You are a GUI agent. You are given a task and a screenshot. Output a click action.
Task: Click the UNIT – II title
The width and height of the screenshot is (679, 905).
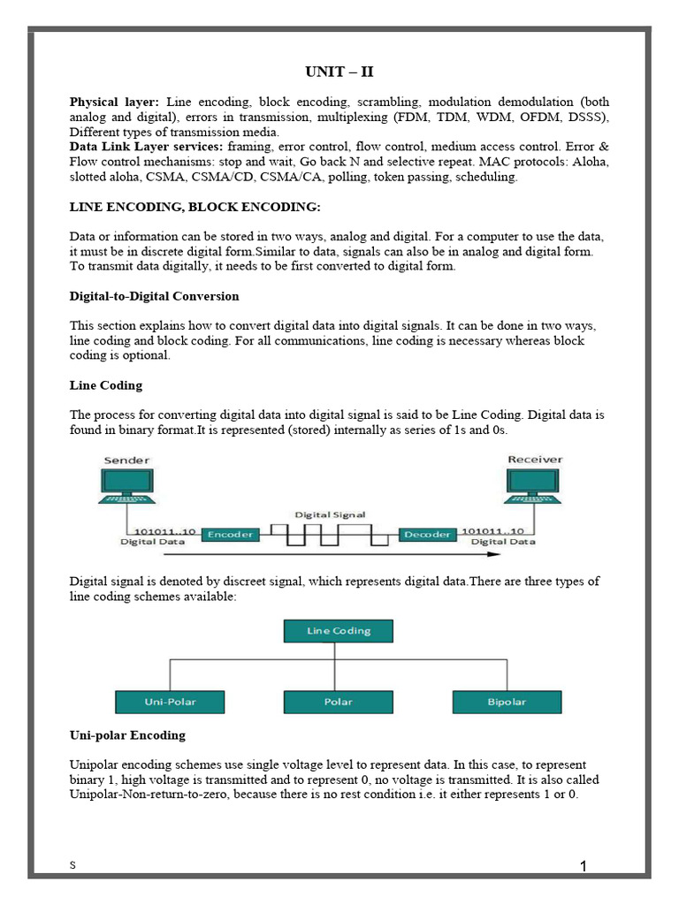[339, 72]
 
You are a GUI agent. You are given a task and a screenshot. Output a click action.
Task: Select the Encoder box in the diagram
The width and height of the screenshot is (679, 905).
[230, 534]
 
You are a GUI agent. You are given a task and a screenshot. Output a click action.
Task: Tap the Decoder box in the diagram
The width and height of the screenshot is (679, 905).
[426, 534]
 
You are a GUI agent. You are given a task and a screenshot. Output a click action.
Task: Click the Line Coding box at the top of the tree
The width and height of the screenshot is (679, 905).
[339, 630]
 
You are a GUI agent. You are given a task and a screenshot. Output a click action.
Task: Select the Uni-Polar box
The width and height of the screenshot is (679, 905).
[170, 702]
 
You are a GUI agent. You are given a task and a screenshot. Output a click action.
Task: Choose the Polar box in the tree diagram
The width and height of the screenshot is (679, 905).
[339, 702]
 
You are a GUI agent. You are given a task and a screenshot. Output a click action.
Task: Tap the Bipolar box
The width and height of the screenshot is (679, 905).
[507, 702]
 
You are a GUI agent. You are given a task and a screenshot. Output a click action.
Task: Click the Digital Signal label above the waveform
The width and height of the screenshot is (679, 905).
[330, 514]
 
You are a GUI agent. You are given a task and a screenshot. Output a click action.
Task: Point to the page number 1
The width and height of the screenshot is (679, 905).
[584, 867]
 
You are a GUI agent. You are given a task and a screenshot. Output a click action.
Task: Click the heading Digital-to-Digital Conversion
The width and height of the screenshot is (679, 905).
[154, 296]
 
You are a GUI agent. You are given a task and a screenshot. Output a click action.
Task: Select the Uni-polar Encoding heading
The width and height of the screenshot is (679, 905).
[127, 735]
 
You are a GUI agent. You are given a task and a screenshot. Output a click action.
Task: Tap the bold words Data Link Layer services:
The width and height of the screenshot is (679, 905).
[146, 146]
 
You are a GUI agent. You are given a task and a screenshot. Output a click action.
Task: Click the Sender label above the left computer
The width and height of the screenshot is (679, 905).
[126, 460]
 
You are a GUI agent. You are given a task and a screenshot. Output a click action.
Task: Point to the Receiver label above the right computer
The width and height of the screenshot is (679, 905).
[535, 460]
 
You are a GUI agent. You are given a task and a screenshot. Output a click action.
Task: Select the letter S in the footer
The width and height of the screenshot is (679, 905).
[72, 866]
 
